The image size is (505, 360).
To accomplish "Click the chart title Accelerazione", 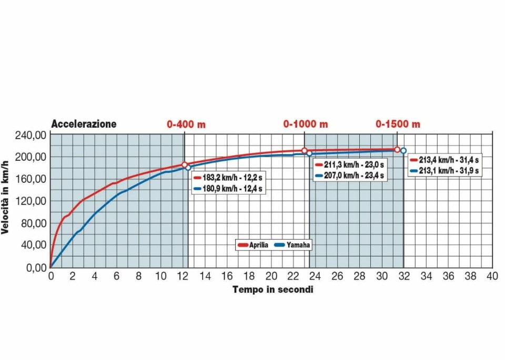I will [84, 124].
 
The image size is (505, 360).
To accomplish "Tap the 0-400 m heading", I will [186, 124].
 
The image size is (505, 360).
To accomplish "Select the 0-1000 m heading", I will [305, 124].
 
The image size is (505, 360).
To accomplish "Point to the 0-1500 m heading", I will [398, 124].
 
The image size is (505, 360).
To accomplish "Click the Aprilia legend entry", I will [254, 245].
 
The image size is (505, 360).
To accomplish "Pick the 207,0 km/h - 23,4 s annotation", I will [350, 176].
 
